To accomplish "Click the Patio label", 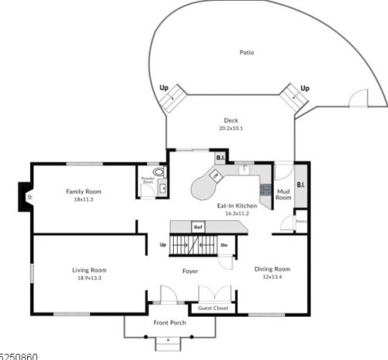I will tap(248, 53).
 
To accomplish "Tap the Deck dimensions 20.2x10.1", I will tap(231, 129).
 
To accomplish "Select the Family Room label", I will tap(83, 191).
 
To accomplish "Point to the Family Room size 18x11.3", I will tap(83, 199).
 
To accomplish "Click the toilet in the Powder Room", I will tap(159, 172).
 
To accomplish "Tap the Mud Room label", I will tap(284, 195).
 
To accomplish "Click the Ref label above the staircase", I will tap(199, 227).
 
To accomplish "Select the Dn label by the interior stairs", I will tap(224, 245).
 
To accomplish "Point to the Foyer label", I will tap(190, 272).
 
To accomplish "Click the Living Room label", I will tap(88, 269).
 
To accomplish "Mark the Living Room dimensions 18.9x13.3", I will tap(88, 278).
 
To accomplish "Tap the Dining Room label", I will tap(272, 268).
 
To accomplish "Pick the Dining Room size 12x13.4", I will tap(272, 277).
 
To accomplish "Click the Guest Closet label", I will tap(213, 308).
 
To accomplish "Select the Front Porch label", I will tap(168, 324).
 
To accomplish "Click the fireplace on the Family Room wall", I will tap(25, 196).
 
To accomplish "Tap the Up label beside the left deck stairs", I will tap(163, 88).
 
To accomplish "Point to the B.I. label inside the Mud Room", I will tap(300, 185).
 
